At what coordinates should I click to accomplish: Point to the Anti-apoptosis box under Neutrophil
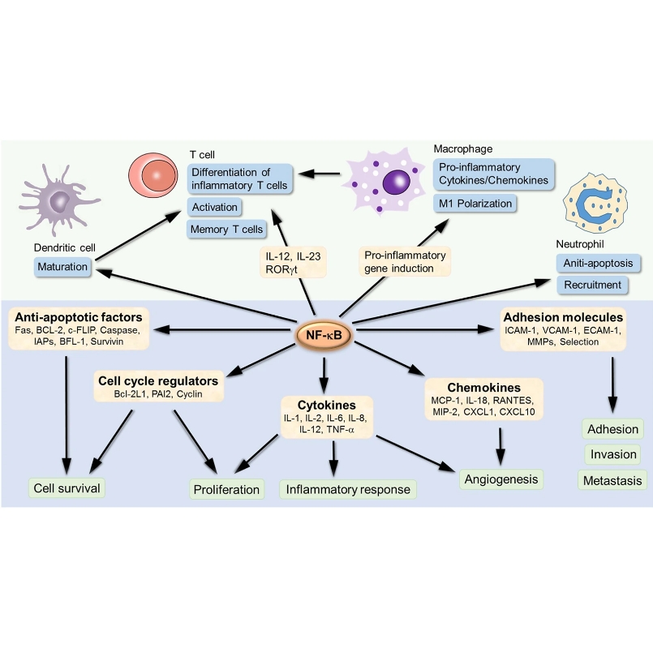pyautogui.click(x=599, y=263)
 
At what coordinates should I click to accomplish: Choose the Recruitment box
pyautogui.click(x=594, y=285)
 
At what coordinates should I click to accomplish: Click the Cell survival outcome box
pyautogui.click(x=67, y=488)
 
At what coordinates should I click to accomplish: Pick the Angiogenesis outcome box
pyautogui.click(x=500, y=479)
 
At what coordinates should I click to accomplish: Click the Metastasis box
pyautogui.click(x=612, y=480)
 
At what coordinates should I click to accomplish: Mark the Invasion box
pyautogui.click(x=612, y=454)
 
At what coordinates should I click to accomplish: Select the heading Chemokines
pyautogui.click(x=483, y=388)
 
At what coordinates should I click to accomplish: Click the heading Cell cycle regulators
pyautogui.click(x=157, y=380)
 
